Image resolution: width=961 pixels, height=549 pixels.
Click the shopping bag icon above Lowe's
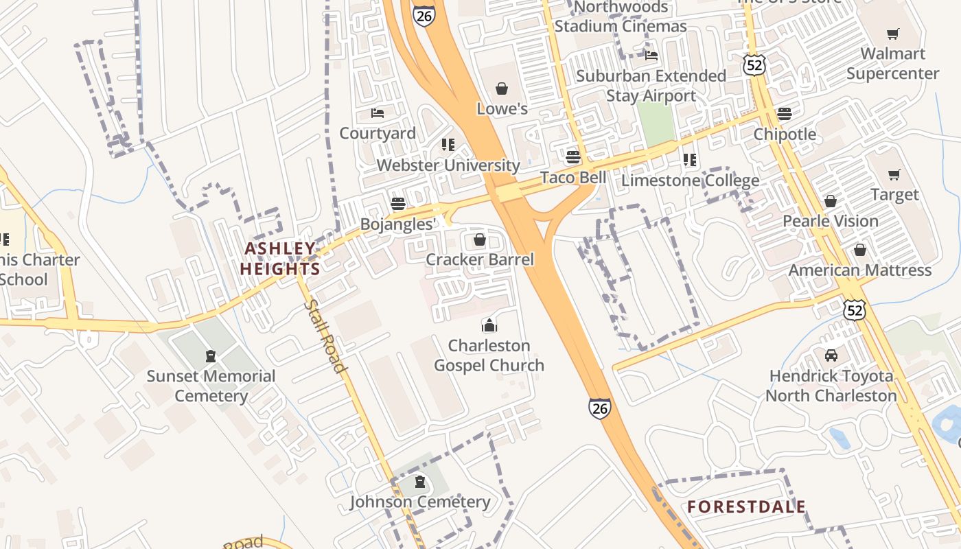tap(502, 89)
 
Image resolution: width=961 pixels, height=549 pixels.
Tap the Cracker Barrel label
tap(480, 259)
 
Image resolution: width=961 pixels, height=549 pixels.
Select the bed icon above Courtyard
tap(378, 113)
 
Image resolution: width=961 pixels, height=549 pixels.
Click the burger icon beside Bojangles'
tap(397, 204)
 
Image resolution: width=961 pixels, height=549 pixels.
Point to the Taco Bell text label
tap(573, 178)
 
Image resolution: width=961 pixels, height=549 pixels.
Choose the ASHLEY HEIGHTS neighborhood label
tap(280, 259)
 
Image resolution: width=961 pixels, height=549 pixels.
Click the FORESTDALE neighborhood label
tap(746, 507)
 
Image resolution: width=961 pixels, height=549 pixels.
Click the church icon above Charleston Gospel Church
tap(489, 325)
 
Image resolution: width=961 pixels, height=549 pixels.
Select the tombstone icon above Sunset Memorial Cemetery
tap(211, 356)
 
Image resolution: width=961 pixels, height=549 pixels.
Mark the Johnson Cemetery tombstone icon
tap(420, 482)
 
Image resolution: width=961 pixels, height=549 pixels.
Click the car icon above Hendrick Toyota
tap(831, 355)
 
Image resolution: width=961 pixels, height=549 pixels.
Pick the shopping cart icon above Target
tap(894, 174)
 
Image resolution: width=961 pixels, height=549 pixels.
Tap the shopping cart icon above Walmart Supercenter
tap(892, 34)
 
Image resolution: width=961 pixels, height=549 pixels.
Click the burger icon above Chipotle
tap(785, 114)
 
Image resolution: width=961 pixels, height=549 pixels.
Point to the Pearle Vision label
tap(831, 221)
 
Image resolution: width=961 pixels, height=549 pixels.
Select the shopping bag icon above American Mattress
tap(859, 250)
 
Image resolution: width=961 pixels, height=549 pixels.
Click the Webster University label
tap(448, 165)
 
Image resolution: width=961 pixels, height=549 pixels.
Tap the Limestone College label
tap(690, 180)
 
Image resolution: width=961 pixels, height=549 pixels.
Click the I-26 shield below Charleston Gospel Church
tap(599, 408)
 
